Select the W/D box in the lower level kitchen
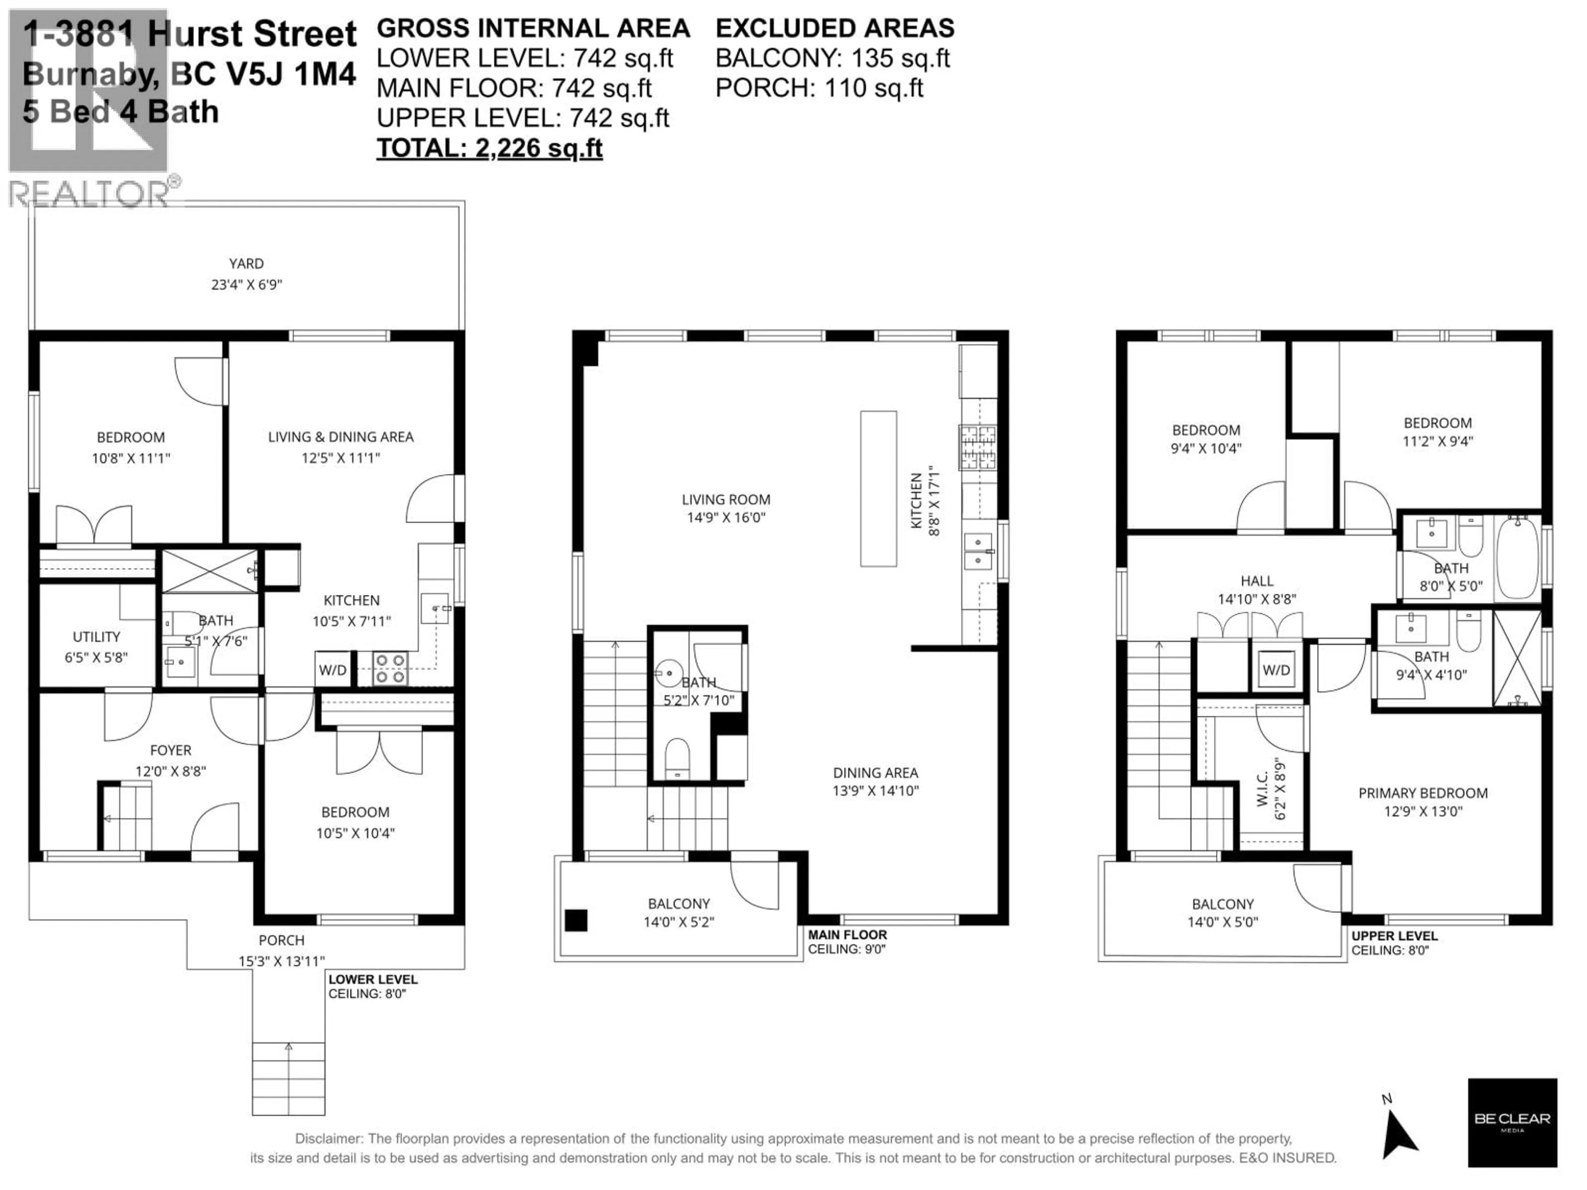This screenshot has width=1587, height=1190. click(333, 670)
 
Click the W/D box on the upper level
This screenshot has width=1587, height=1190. click(1276, 670)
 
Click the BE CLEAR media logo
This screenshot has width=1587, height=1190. click(1512, 1122)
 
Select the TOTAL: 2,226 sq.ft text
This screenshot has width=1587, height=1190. click(489, 148)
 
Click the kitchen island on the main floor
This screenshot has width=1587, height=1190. click(878, 488)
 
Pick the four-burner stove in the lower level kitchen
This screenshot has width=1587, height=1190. click(390, 669)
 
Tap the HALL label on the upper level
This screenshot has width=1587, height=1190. click(1257, 581)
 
